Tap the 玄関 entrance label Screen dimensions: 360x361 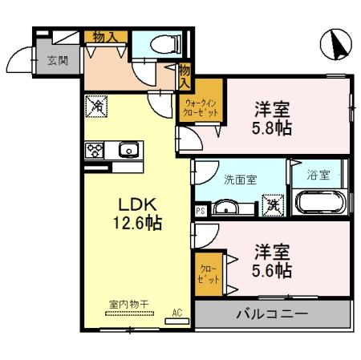[x=58, y=61]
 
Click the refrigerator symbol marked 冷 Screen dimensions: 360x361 [x=95, y=105]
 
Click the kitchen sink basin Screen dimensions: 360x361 [x=128, y=149]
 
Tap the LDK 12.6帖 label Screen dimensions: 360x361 [x=131, y=214]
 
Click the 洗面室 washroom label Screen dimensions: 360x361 [x=240, y=179]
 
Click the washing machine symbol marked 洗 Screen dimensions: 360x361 [x=274, y=205]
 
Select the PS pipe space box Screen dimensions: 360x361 [x=201, y=211]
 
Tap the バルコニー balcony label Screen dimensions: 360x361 [x=271, y=313]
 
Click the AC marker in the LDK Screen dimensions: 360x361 [x=177, y=313]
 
